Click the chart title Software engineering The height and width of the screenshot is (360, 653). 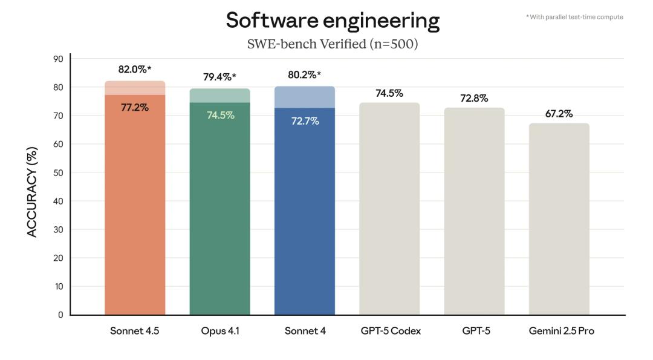(x=333, y=20)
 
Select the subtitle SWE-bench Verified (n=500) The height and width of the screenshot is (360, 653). (x=333, y=44)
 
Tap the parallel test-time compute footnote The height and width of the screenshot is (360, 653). (x=574, y=17)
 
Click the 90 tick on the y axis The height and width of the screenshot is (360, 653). (x=58, y=59)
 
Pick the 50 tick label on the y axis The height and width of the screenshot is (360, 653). (x=58, y=172)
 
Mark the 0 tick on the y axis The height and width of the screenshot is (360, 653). (x=60, y=315)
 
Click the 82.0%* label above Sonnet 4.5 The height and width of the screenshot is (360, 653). (x=135, y=70)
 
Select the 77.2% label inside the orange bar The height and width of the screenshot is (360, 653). (x=134, y=108)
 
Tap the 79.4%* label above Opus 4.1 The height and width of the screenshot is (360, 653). (x=219, y=77)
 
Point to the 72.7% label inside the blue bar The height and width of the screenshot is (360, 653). (x=305, y=121)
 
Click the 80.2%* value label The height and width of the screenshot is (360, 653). (x=305, y=75)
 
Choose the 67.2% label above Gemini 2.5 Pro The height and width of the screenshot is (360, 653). (x=559, y=114)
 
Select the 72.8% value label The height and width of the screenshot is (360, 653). (x=474, y=98)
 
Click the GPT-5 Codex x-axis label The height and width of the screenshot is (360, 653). (x=389, y=331)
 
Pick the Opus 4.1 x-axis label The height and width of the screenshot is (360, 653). (x=219, y=331)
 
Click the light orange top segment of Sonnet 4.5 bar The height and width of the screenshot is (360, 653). (x=135, y=88)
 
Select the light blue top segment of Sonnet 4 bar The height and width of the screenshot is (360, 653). (x=305, y=97)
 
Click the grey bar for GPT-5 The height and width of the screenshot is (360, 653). (x=474, y=212)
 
